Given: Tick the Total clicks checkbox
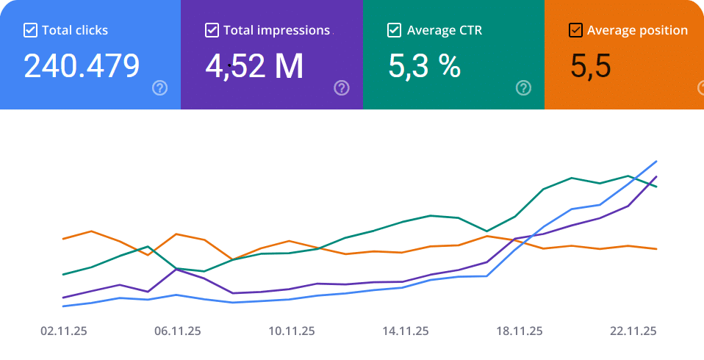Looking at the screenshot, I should [30, 30].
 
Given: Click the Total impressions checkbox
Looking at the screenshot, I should [212, 30].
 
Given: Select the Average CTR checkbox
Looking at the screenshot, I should [394, 30].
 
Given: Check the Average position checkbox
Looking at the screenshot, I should [576, 30].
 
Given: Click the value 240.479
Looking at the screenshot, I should [82, 66].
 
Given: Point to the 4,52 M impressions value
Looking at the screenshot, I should [254, 66].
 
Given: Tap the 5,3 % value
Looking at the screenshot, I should [424, 66].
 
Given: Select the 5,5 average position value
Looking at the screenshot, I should [591, 66].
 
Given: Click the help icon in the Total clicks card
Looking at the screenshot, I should [159, 88].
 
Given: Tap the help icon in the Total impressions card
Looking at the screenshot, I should [342, 88].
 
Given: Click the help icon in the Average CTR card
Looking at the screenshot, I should [523, 88].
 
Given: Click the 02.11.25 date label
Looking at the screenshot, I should [64, 331].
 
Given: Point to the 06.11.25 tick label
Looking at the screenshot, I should [178, 331].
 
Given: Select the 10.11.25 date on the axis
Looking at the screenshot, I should [292, 331].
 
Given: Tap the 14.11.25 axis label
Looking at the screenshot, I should [406, 331].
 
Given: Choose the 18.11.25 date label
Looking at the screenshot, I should [520, 331].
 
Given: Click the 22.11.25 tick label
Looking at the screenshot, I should [633, 331].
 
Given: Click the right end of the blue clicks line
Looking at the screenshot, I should [656, 161].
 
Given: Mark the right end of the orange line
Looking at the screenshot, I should [656, 249].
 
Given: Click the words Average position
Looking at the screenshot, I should [638, 30].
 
